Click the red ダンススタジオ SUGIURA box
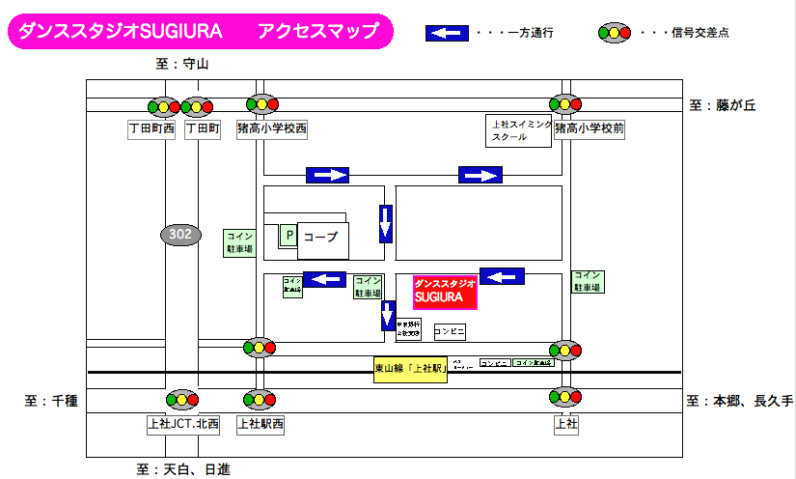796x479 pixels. [x=446, y=293]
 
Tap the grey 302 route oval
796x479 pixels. [x=180, y=234]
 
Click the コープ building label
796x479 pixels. [x=322, y=237]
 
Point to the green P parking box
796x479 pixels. [x=288, y=234]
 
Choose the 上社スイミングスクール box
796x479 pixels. [x=519, y=130]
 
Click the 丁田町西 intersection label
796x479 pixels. [x=152, y=128]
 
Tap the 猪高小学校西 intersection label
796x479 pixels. [x=272, y=128]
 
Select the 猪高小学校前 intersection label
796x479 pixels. [x=591, y=128]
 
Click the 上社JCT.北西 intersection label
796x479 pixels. [x=183, y=423]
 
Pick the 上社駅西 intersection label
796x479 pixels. [x=261, y=423]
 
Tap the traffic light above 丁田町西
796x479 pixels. [x=163, y=106]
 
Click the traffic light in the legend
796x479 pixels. [x=615, y=33]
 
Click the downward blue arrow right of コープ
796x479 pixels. [x=386, y=224]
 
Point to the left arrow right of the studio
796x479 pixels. [x=503, y=277]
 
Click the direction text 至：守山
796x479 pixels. [x=181, y=65]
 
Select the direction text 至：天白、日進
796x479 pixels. [x=182, y=470]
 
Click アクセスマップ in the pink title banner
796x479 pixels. [x=318, y=31]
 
